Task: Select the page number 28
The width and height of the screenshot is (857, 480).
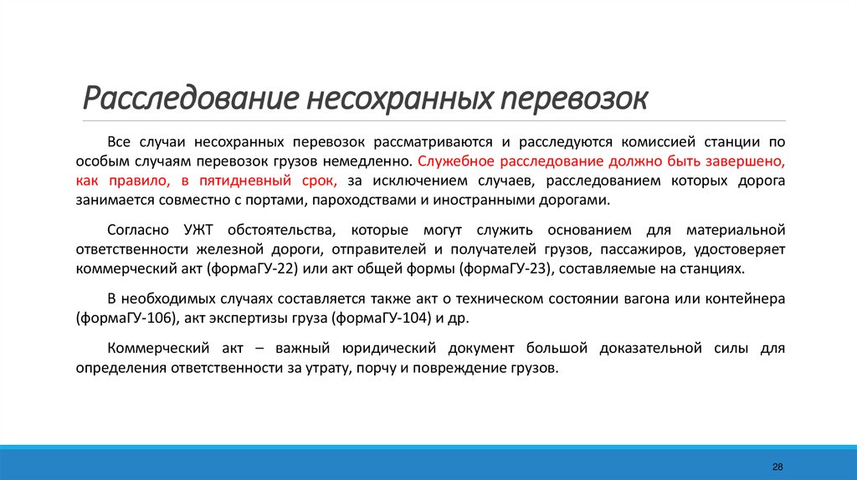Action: click(x=778, y=466)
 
